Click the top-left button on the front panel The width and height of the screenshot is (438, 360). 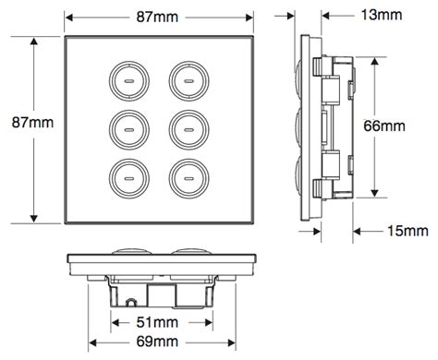pos(128,81)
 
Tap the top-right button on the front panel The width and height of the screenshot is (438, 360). pos(188,81)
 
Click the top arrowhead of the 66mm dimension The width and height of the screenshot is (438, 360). pos(374,57)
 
